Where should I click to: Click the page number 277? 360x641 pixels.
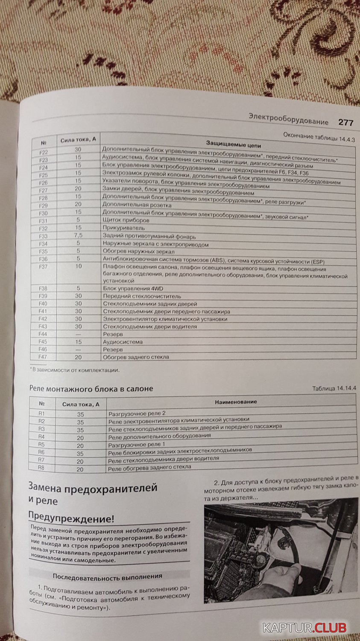[x=345, y=123]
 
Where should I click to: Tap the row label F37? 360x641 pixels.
[x=43, y=267]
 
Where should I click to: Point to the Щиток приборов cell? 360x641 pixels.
[x=126, y=221]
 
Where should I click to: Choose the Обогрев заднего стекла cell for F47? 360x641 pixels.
[x=136, y=357]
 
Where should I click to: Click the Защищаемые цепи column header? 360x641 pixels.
[x=233, y=144]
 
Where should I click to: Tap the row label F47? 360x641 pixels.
[x=43, y=357]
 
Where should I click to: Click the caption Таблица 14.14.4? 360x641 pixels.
[x=334, y=388]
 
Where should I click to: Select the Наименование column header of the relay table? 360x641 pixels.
[x=236, y=402]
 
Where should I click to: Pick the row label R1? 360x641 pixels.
[x=41, y=413]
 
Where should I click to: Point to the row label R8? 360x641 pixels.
[x=41, y=468]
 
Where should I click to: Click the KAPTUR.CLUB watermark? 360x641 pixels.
[x=304, y=627]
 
